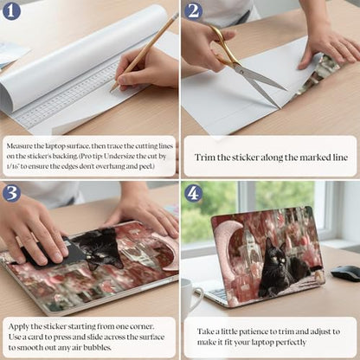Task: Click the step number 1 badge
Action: [11, 11]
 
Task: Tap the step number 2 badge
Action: [193, 11]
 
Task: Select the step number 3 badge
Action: [11, 193]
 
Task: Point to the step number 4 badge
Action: [193, 193]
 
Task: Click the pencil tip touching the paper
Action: [111, 91]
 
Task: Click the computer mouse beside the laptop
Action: [345, 273]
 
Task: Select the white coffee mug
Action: [190, 294]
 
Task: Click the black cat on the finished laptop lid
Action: [281, 268]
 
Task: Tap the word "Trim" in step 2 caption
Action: [204, 157]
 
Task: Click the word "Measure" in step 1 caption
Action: [20, 146]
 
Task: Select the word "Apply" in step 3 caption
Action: [19, 327]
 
